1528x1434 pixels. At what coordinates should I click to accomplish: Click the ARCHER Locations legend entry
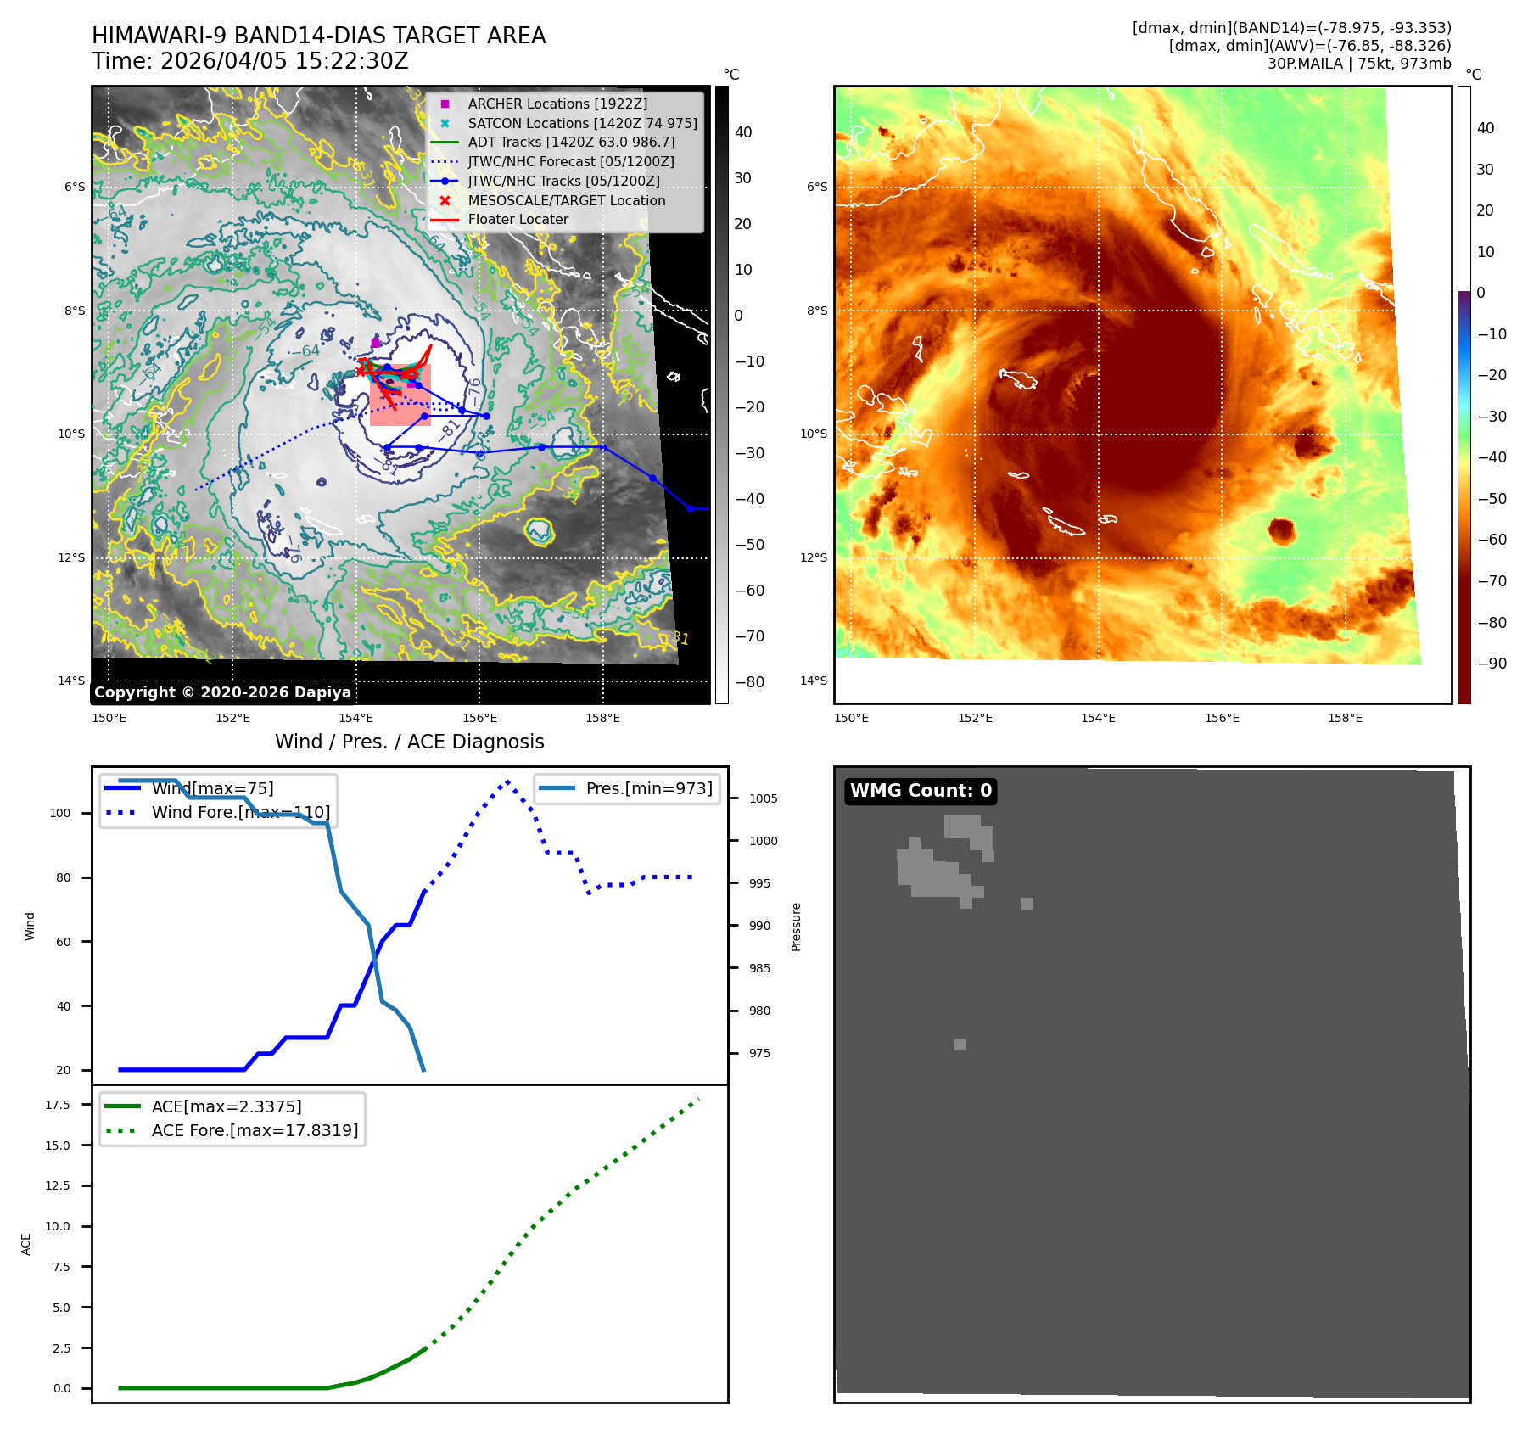point(557,104)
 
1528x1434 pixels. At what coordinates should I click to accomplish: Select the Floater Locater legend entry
point(518,219)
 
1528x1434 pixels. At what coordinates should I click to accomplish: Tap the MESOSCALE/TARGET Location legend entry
point(566,200)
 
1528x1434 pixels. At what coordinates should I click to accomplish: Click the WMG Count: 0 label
point(921,791)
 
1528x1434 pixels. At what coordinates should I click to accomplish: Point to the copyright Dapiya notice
point(222,692)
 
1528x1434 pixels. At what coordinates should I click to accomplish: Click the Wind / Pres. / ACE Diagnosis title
point(409,742)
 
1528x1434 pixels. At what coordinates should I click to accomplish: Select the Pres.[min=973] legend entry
point(648,788)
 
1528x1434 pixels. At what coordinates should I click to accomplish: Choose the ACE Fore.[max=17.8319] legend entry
point(255,1130)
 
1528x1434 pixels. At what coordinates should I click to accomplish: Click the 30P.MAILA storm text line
point(1359,64)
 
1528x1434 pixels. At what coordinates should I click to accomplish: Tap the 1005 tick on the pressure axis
point(763,798)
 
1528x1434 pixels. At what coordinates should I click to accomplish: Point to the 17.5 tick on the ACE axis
point(58,1105)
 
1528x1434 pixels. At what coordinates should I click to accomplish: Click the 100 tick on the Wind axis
point(60,813)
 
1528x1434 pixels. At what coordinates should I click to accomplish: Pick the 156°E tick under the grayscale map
point(479,718)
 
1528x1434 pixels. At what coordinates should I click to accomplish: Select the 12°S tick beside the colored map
point(814,557)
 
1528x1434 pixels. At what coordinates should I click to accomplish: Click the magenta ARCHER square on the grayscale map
point(375,343)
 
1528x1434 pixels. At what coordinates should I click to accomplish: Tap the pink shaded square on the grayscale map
point(400,395)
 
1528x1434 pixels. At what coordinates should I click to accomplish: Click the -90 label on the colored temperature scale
point(1492,664)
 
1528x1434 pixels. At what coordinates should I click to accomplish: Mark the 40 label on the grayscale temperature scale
point(743,132)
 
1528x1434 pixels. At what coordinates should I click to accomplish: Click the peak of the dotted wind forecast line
point(507,781)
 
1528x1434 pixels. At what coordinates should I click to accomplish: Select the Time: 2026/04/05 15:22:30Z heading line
point(250,61)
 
